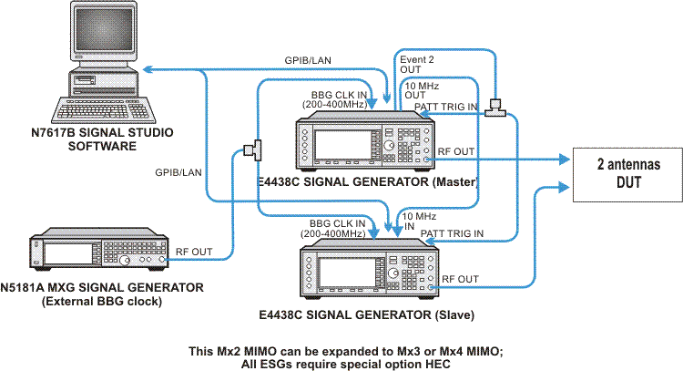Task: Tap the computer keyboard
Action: [104, 110]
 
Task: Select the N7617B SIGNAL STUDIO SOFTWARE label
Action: [102, 139]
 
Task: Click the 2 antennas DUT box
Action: [627, 174]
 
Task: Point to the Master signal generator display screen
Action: [342, 144]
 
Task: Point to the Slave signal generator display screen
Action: [347, 273]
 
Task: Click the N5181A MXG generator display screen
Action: [68, 253]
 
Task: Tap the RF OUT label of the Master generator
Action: [456, 151]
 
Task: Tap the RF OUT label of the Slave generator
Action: [461, 279]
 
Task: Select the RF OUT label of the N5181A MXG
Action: [194, 252]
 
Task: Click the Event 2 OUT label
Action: [417, 65]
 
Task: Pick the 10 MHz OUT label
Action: [422, 90]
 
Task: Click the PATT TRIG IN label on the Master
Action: [445, 107]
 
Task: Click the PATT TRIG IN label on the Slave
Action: [452, 233]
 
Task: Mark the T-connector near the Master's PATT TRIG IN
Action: [495, 108]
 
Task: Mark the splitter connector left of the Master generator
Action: [253, 150]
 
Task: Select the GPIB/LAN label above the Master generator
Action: [308, 60]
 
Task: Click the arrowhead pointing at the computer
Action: [148, 69]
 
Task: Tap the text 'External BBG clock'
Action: [102, 301]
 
